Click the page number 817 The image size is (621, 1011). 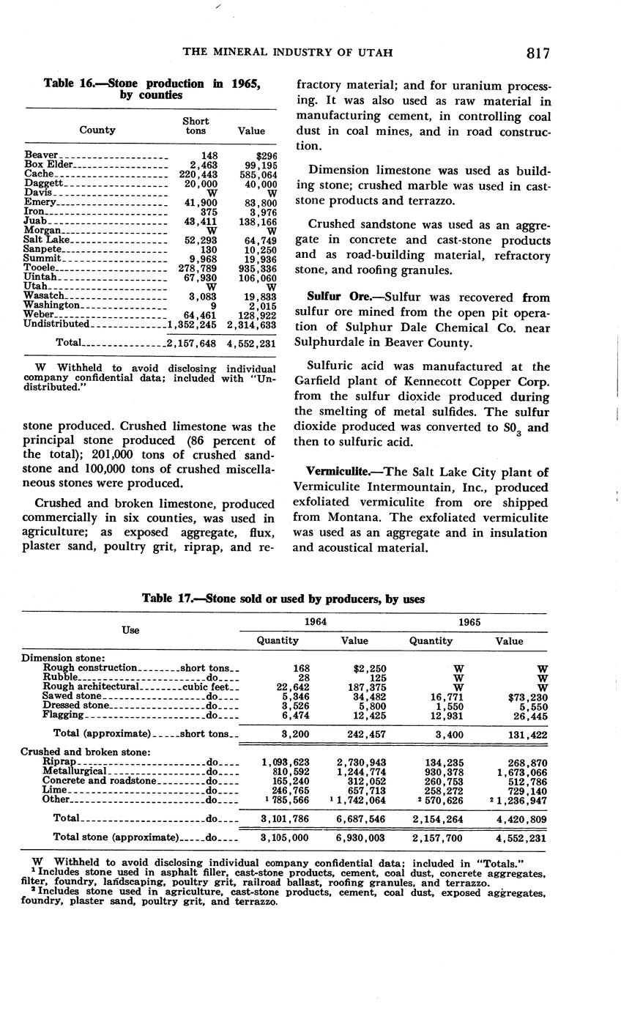[x=537, y=53]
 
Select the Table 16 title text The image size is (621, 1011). [x=152, y=89]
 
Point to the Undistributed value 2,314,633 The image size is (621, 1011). [x=251, y=325]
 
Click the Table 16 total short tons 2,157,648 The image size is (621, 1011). [x=192, y=343]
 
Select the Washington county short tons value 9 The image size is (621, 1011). [x=212, y=305]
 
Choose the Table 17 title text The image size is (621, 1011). [x=283, y=599]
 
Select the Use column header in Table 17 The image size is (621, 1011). [x=130, y=630]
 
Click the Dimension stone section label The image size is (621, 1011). [x=64, y=658]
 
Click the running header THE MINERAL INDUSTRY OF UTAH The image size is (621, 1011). [x=287, y=53]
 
